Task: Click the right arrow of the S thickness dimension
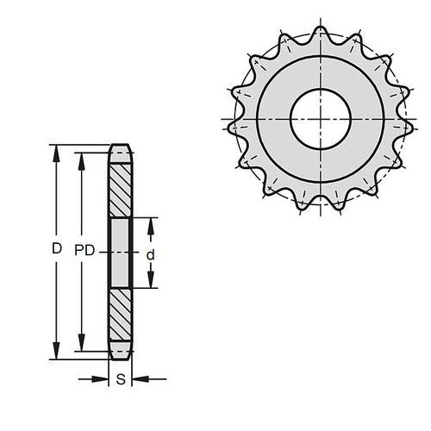pyautogui.click(x=141, y=378)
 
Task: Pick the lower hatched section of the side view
pyautogui.click(x=120, y=316)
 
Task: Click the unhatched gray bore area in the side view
pyautogui.click(x=120, y=253)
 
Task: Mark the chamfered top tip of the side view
pyautogui.click(x=120, y=147)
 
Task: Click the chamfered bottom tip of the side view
pyautogui.click(x=120, y=355)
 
